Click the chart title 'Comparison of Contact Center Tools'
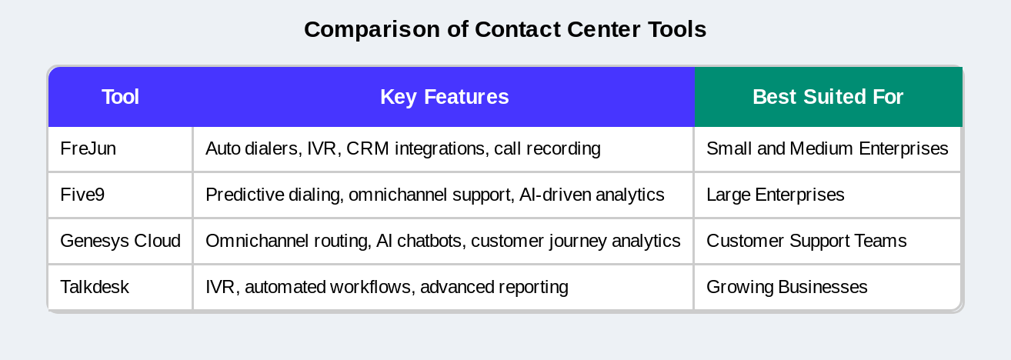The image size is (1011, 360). (x=505, y=29)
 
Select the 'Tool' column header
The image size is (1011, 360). (x=120, y=97)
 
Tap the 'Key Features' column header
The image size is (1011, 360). (x=444, y=97)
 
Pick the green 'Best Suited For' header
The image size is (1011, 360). (x=827, y=97)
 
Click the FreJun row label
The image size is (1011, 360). (x=88, y=148)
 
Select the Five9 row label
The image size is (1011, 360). (x=82, y=195)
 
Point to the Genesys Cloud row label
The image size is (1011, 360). (x=120, y=241)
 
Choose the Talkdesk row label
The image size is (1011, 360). (x=94, y=287)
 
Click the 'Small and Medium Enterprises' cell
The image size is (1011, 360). (x=827, y=148)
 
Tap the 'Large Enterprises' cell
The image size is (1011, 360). (x=775, y=195)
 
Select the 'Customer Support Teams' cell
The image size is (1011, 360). (x=806, y=241)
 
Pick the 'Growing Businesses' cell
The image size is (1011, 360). (x=786, y=287)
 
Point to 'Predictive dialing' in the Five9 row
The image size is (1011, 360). (x=273, y=195)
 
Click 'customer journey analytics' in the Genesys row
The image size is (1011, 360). (x=576, y=241)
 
